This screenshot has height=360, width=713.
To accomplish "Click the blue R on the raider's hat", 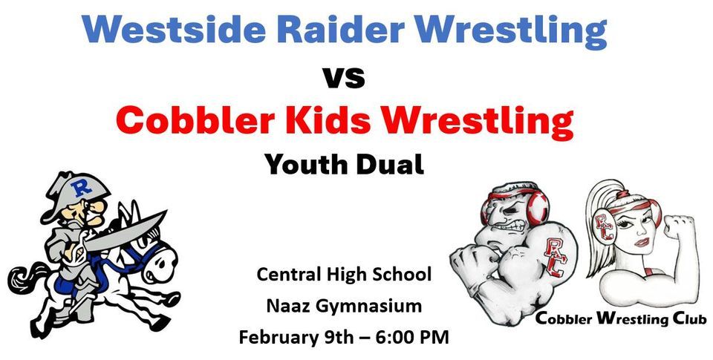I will pyautogui.click(x=81, y=189).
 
